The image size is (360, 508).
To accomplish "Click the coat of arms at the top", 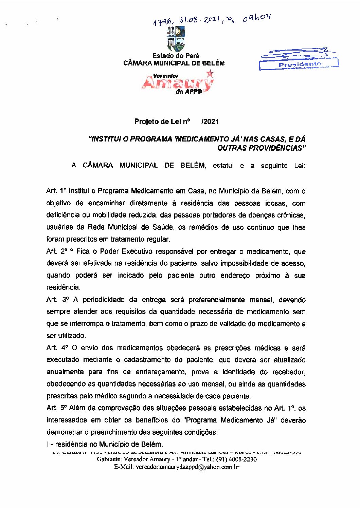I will [176, 39].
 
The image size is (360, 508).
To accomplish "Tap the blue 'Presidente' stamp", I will [299, 64].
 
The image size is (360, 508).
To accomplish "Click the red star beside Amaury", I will [210, 73].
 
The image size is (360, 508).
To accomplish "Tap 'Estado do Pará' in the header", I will [176, 56].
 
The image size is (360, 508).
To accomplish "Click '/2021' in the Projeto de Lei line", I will [210, 121].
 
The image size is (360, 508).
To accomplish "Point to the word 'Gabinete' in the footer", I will [109, 459].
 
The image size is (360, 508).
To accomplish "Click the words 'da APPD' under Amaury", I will [189, 92].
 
